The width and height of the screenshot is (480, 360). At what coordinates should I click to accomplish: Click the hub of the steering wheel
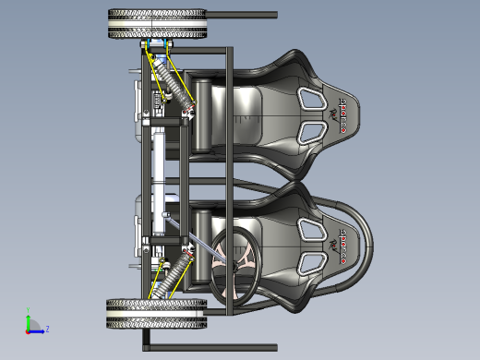pyautogui.click(x=235, y=261)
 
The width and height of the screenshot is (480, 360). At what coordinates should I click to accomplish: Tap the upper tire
pyautogui.click(x=155, y=24)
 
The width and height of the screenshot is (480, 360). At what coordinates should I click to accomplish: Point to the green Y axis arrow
pyautogui.click(x=29, y=319)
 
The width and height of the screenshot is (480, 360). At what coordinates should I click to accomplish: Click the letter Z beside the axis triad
pyautogui.click(x=47, y=328)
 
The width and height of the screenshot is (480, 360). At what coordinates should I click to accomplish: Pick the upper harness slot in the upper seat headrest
pyautogui.click(x=310, y=93)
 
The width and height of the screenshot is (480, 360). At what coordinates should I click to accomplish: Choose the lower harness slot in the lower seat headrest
pyautogui.click(x=310, y=265)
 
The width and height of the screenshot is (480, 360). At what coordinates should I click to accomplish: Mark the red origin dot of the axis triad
pyautogui.click(x=29, y=329)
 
